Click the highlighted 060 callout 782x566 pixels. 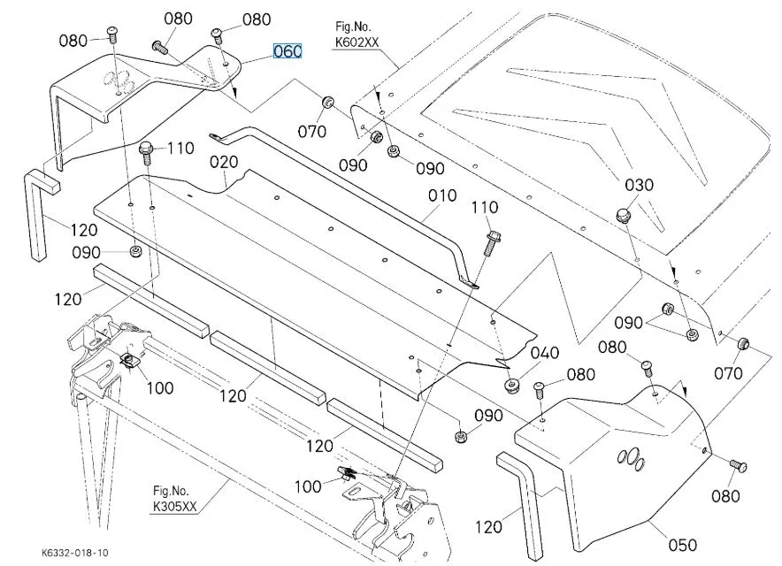(287, 52)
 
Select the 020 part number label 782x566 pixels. (224, 163)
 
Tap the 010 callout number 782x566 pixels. (441, 195)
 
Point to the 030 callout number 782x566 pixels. (639, 185)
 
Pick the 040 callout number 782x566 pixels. (544, 353)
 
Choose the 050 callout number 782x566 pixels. (682, 545)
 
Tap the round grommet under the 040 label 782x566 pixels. (511, 386)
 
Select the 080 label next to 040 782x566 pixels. (580, 375)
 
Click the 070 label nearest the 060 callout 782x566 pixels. (312, 134)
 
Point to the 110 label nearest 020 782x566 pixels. (180, 149)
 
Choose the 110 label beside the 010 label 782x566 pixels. (485, 207)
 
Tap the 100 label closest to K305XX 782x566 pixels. (309, 486)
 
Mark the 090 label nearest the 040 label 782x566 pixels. (488, 416)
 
